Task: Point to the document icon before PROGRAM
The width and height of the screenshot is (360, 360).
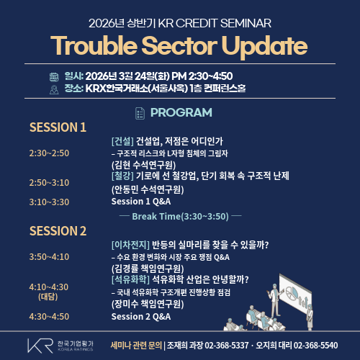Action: point(140,112)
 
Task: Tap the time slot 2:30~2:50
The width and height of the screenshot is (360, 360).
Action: point(49,153)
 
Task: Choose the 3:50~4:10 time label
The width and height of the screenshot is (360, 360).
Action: point(49,256)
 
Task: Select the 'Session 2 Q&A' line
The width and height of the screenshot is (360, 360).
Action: point(141,316)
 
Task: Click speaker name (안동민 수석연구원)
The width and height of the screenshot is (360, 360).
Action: point(147,189)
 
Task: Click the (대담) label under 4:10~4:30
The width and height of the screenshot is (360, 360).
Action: point(48,296)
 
